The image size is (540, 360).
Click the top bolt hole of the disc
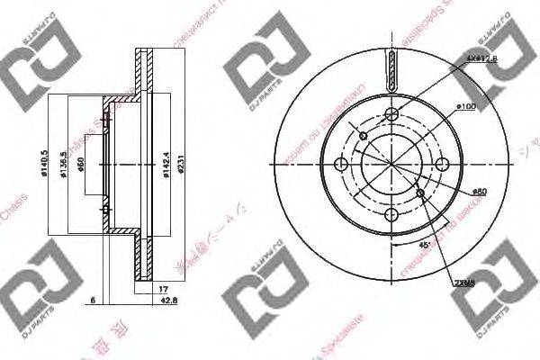(392, 113)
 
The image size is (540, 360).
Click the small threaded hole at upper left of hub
(363, 136)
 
